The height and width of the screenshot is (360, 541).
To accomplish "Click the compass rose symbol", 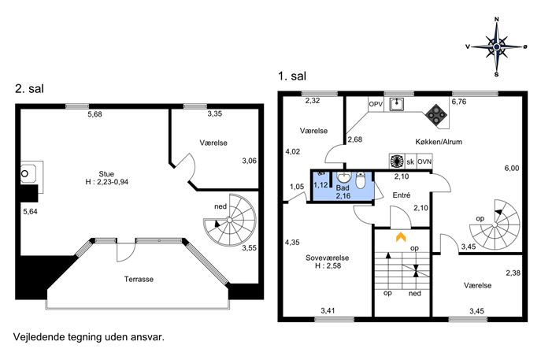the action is click(496, 46).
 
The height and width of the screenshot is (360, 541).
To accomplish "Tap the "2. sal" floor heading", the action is click(29, 89).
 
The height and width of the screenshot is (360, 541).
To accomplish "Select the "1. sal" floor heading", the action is click(292, 76).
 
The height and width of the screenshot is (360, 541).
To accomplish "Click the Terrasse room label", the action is click(139, 279).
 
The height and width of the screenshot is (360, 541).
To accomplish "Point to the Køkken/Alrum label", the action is click(439, 142).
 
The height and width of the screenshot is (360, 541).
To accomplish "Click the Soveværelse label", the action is click(327, 258).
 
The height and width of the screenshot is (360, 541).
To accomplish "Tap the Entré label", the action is click(402, 195).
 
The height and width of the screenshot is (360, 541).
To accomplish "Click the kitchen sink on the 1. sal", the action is click(397, 104).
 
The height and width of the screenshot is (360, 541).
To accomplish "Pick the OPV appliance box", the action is click(376, 104).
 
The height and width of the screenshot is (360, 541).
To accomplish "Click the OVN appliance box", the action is click(424, 161).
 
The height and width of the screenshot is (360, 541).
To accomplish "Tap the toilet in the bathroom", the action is click(360, 180).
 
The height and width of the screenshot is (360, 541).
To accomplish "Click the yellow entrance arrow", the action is click(401, 237).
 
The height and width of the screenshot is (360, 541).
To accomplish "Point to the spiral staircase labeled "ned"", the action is click(230, 221).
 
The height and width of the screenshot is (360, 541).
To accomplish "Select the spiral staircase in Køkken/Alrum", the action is click(495, 225).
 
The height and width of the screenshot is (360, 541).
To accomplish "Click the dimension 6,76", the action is click(459, 102).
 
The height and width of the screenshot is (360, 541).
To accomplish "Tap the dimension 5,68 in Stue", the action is click(94, 114).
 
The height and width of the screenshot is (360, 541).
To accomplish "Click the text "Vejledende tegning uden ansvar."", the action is click(89, 337).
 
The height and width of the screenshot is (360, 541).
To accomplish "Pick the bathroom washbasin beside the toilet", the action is click(343, 177).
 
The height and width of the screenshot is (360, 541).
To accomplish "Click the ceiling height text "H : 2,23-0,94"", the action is click(106, 182).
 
